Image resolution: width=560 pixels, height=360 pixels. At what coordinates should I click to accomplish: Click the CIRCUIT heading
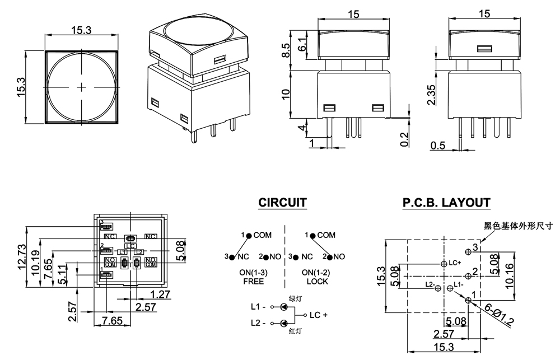pyautogui.click(x=282, y=202)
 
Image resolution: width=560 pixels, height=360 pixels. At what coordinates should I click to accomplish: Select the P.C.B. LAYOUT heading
pyautogui.click(x=446, y=202)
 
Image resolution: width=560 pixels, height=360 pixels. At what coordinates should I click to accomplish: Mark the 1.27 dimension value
pyautogui.click(x=161, y=293)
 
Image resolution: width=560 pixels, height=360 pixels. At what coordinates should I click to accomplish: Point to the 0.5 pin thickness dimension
pyautogui.click(x=437, y=146)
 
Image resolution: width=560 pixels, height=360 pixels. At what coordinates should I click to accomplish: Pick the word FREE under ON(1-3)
pyautogui.click(x=253, y=282)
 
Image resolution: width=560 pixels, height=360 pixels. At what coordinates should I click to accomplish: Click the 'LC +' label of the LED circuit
pyautogui.click(x=319, y=315)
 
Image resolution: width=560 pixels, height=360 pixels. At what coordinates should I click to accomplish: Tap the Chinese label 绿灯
pyautogui.click(x=295, y=298)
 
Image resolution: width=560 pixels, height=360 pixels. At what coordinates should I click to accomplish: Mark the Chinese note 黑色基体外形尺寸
pyautogui.click(x=518, y=226)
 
